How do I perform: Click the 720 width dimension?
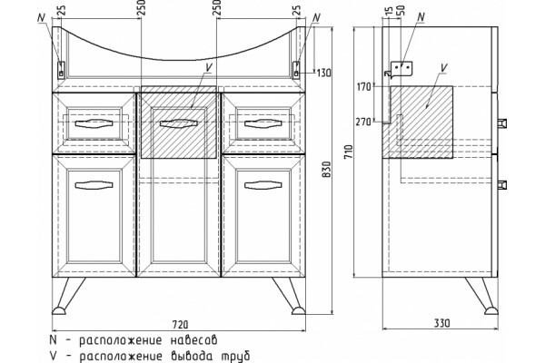(x=181, y=325)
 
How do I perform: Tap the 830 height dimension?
(x=327, y=170)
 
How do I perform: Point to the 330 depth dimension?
(x=442, y=323)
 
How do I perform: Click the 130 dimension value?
(x=324, y=73)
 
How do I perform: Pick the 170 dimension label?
(x=364, y=87)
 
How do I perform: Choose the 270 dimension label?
(x=363, y=122)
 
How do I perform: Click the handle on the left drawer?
(x=94, y=123)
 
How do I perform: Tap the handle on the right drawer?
(x=263, y=123)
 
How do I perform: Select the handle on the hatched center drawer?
(x=179, y=123)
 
